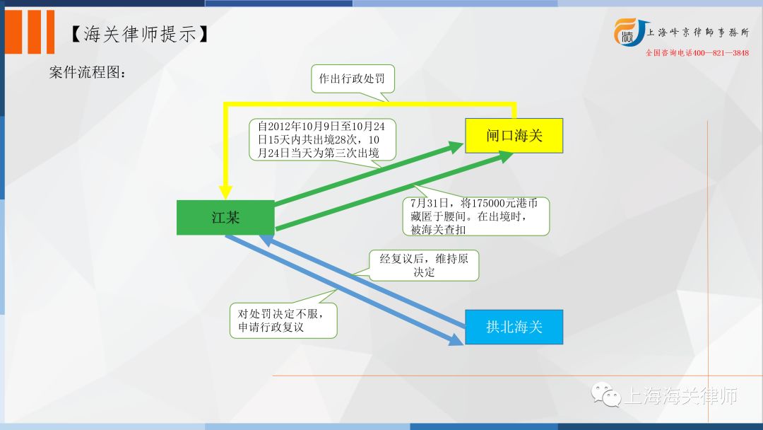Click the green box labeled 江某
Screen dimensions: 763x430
pos(225,218)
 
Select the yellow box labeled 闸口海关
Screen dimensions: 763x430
pos(514,135)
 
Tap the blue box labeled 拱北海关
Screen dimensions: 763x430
pos(514,327)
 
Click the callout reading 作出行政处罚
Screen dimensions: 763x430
pos(353,79)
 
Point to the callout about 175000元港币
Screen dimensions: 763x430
pos(476,216)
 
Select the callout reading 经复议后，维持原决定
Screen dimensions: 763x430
pos(423,265)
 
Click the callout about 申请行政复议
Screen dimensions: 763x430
pos(283,320)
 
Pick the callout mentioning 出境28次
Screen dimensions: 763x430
pos(322,140)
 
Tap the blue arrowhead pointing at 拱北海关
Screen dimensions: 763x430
pos(456,339)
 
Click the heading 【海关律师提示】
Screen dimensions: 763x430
pos(139,34)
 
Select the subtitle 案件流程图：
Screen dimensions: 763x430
pos(88,72)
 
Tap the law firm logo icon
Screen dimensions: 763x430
pos(629,33)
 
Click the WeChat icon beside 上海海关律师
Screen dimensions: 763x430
pos(606,395)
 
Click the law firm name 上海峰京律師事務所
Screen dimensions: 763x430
pos(698,33)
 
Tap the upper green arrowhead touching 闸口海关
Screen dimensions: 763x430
pos(456,146)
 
